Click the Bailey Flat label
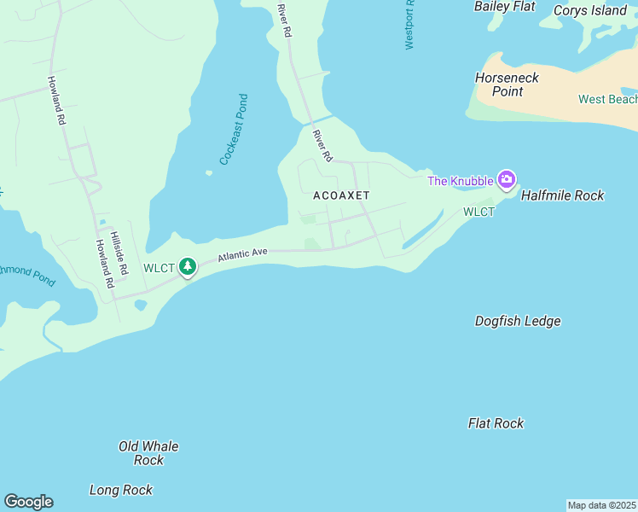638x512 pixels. [x=504, y=7]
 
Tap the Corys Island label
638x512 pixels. [x=590, y=11]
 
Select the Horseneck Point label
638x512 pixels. [x=507, y=84]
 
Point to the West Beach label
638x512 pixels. [x=607, y=100]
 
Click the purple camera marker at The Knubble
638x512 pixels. [x=507, y=179]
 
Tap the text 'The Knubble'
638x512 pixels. [x=460, y=180]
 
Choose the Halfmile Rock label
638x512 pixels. [x=562, y=195]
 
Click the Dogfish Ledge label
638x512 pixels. [x=518, y=322]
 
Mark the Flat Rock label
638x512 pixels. [x=496, y=423]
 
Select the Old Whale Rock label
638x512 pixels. [x=148, y=453]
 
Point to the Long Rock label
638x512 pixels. [x=121, y=490]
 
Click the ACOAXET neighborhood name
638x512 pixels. [x=341, y=195]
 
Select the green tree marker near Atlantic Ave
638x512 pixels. [x=188, y=268]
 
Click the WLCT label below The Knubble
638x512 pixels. [x=478, y=212]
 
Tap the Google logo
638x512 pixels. [x=28, y=502]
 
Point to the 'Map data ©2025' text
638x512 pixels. [x=601, y=505]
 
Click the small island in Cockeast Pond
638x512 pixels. [x=209, y=172]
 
